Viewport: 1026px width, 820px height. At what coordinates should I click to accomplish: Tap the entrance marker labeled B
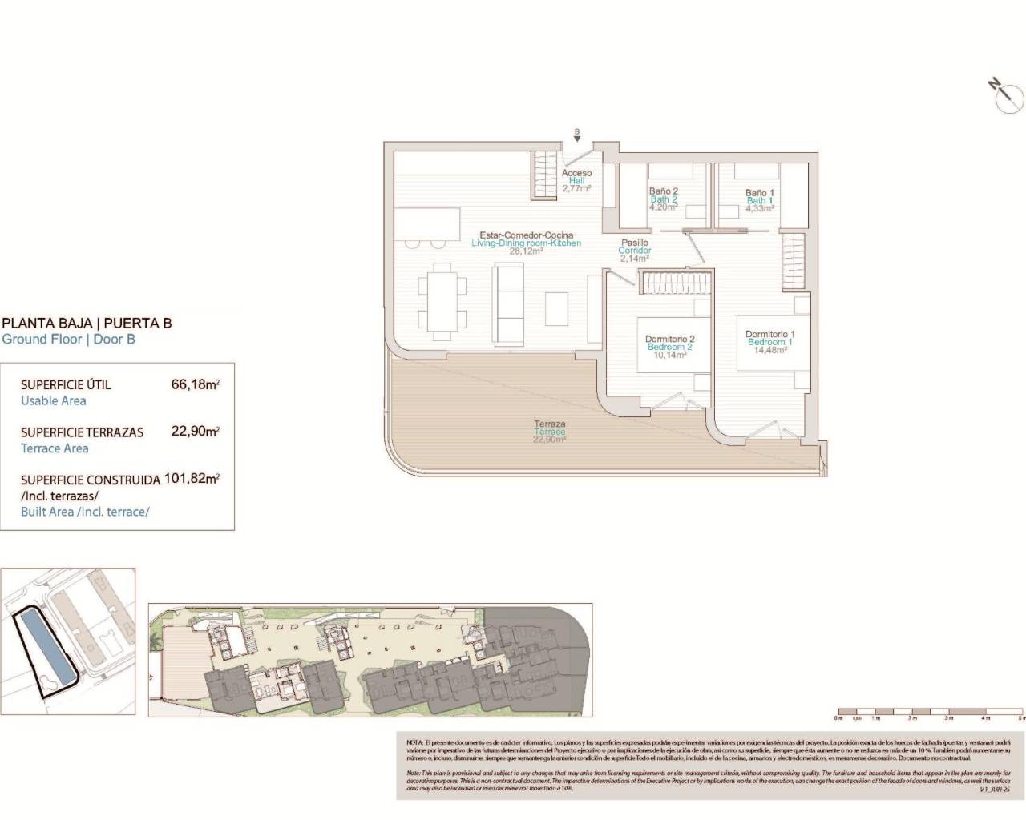coord(576,135)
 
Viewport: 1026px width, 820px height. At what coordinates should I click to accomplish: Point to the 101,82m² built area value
coord(192,479)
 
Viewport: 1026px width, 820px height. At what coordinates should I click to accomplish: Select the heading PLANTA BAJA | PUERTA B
coord(87,324)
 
